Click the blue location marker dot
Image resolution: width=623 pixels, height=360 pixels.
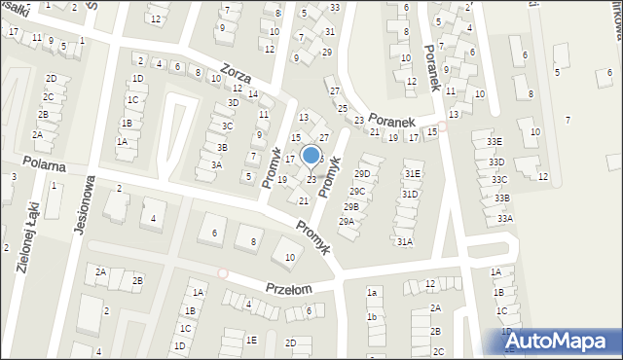(311, 154)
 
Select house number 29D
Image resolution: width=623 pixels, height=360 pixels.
(362, 174)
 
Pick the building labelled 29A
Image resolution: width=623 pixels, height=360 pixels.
(347, 222)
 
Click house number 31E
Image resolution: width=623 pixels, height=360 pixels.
(412, 174)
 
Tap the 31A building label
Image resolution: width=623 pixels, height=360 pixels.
(404, 241)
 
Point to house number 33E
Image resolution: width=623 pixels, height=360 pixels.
(495, 142)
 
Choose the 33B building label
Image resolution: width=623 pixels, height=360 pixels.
(502, 198)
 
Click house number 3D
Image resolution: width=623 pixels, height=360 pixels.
(233, 102)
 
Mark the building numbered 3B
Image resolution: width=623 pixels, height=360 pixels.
(222, 147)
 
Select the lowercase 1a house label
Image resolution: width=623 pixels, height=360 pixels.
(371, 292)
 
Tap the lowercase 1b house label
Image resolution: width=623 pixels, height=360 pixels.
(371, 317)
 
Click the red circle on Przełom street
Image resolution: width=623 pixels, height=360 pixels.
(223, 273)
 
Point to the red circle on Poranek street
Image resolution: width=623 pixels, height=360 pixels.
(442, 126)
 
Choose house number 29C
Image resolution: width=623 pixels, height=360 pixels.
(357, 191)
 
